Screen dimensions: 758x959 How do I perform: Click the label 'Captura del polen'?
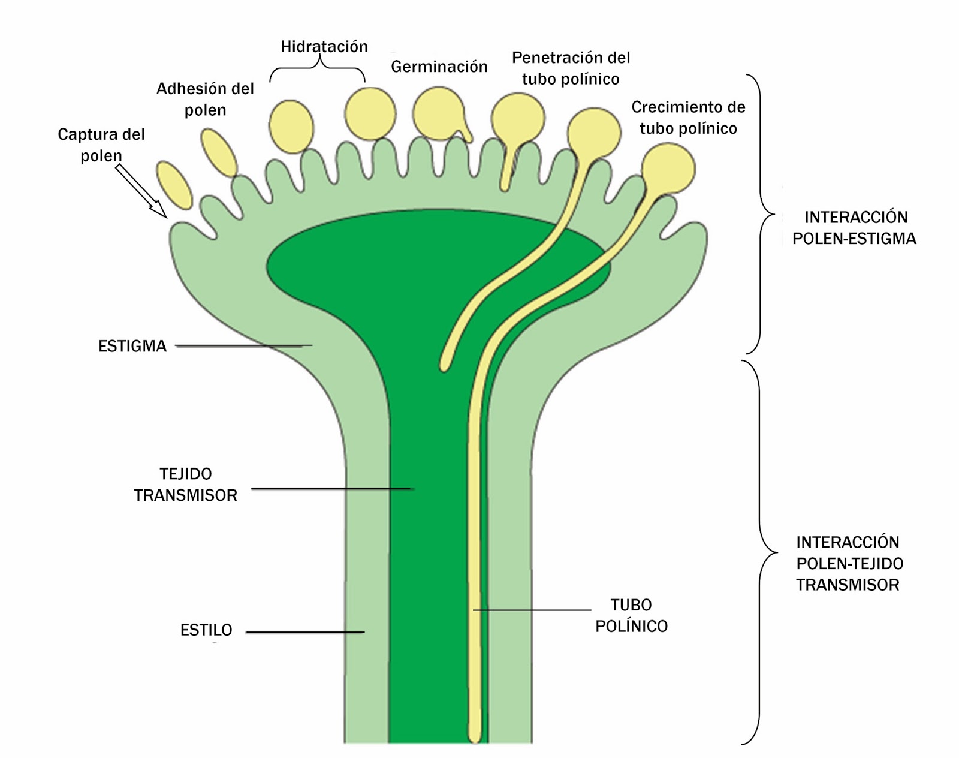click(x=101, y=145)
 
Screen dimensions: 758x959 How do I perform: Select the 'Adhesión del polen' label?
click(x=205, y=99)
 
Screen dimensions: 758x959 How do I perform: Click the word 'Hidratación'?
click(x=324, y=47)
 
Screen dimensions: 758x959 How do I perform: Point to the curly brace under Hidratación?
click(x=317, y=70)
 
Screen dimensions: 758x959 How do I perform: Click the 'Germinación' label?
click(x=439, y=67)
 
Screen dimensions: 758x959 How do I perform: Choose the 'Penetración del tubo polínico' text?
click(x=571, y=68)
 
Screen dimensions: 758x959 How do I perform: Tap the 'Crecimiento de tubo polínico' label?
click(x=688, y=118)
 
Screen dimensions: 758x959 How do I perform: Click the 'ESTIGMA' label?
click(x=132, y=346)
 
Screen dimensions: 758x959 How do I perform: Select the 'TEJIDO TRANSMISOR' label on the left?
click(x=186, y=485)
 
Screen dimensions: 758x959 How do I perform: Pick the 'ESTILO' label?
click(x=206, y=630)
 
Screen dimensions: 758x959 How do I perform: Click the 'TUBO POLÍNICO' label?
click(x=631, y=615)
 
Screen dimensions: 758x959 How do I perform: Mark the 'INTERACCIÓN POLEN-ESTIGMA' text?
click(x=855, y=228)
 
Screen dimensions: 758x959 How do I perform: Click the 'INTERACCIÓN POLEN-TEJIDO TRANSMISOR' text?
click(x=849, y=564)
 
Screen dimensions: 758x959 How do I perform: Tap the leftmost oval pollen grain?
click(x=174, y=185)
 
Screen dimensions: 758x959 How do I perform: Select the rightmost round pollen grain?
click(x=668, y=169)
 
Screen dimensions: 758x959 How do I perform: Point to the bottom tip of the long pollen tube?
click(x=475, y=736)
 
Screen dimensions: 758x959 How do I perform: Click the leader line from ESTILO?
click(x=305, y=632)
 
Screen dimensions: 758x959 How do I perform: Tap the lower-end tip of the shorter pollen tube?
click(x=444, y=365)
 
